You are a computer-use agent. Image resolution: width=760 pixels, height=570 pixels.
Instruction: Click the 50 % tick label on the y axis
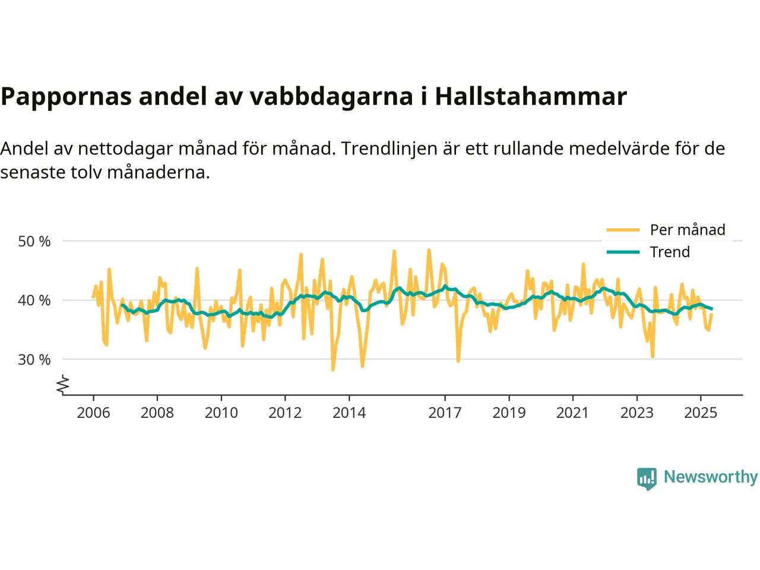pyautogui.click(x=34, y=242)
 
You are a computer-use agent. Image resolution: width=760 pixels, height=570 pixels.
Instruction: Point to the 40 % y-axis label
pyautogui.click(x=34, y=300)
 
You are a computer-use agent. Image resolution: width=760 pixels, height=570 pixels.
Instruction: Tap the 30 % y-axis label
pyautogui.click(x=34, y=360)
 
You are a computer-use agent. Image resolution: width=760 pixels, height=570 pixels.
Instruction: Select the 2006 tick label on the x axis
pyautogui.click(x=93, y=413)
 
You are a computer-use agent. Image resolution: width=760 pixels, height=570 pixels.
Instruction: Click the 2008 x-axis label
pyautogui.click(x=157, y=413)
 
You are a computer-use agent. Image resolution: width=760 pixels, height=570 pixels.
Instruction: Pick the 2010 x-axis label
pyautogui.click(x=221, y=413)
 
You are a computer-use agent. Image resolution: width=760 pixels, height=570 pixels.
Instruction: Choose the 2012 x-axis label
pyautogui.click(x=285, y=413)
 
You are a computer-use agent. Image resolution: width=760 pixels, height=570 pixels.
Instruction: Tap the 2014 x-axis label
pyautogui.click(x=349, y=413)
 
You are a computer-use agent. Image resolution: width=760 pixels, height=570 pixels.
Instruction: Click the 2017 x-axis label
pyautogui.click(x=445, y=413)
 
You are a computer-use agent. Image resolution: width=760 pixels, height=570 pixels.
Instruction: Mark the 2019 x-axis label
pyautogui.click(x=509, y=413)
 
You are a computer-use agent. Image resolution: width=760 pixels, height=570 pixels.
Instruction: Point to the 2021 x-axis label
pyautogui.click(x=572, y=413)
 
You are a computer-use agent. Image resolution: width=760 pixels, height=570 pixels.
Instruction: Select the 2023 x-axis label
pyautogui.click(x=636, y=413)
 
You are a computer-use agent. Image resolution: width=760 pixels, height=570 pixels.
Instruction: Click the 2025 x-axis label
pyautogui.click(x=701, y=413)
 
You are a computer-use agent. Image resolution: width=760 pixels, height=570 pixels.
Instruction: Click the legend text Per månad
pyautogui.click(x=688, y=230)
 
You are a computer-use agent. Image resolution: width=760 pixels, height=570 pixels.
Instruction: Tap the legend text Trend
pyautogui.click(x=670, y=252)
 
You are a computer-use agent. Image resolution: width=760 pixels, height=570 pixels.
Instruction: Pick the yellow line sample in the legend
pyautogui.click(x=623, y=230)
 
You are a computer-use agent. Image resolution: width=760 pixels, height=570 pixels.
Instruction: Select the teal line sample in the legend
pyautogui.click(x=623, y=252)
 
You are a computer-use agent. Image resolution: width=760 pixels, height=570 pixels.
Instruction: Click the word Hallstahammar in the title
pyautogui.click(x=531, y=96)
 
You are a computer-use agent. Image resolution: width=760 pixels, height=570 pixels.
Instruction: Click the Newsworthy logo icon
pyautogui.click(x=647, y=478)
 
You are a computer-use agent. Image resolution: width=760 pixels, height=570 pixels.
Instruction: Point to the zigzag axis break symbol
pyautogui.click(x=63, y=385)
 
